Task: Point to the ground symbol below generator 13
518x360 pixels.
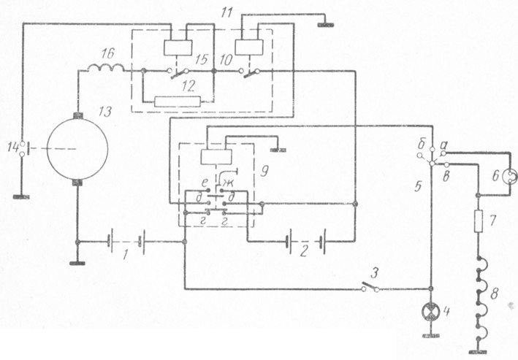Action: pos(77,264)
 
